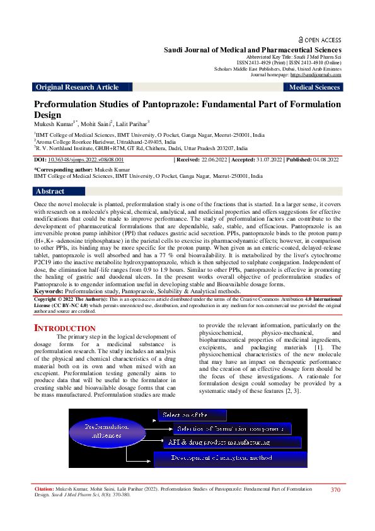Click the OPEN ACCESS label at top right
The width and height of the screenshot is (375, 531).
[321, 39]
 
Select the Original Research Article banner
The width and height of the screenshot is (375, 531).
[78, 88]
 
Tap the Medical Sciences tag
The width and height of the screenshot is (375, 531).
[314, 88]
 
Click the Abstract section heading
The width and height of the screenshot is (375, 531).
[50, 191]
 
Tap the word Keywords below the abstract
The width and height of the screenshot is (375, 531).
[51, 292]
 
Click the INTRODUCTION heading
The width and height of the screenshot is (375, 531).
[64, 328]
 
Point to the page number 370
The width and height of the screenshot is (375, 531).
[335, 489]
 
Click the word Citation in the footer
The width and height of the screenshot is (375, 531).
[45, 489]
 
